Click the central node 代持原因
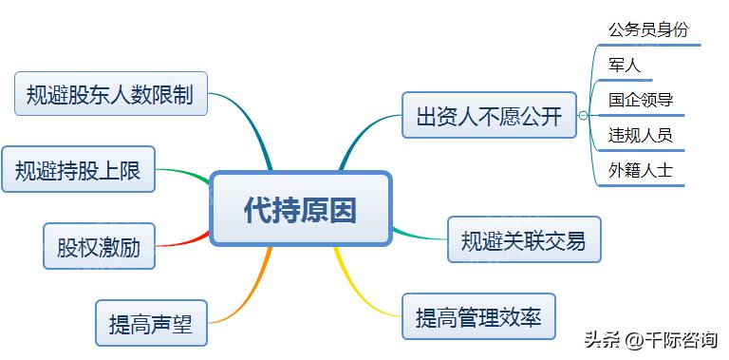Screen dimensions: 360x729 300,209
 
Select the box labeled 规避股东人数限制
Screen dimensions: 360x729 111,94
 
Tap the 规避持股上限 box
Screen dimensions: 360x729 78,171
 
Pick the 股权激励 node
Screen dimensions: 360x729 99,248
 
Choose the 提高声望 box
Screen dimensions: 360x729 151,323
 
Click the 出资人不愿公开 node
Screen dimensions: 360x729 489,116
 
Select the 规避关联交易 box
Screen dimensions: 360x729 524,239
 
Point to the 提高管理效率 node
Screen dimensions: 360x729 478,317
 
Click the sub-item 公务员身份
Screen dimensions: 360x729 647,29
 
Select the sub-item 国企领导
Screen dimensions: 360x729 641,100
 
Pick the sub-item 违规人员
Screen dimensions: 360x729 641,135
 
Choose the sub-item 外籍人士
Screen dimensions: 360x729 641,170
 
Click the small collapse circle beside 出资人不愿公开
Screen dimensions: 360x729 583,117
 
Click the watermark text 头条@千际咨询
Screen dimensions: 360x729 650,339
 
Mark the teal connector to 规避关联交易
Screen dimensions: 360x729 418,234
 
